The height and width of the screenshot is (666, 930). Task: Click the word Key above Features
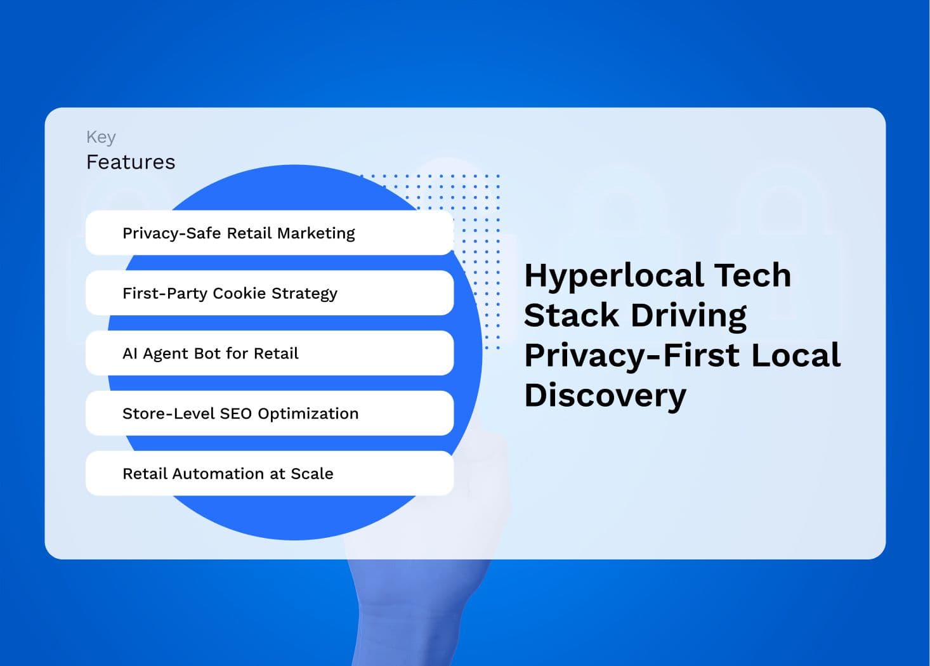(101, 138)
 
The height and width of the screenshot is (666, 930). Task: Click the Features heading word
(131, 162)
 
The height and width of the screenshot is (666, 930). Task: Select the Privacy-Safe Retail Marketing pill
(270, 233)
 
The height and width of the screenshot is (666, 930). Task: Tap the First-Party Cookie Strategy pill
(270, 293)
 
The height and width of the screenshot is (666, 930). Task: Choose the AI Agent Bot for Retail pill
(270, 353)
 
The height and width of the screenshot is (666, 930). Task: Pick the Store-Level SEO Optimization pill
(270, 413)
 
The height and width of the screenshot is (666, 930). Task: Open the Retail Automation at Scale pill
(270, 473)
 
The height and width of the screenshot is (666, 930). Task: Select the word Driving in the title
(688, 317)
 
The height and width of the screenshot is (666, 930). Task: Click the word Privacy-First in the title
(632, 356)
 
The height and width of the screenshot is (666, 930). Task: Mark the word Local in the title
(796, 355)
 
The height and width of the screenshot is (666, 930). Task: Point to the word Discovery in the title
(605, 396)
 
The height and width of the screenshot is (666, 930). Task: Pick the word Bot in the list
(209, 353)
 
